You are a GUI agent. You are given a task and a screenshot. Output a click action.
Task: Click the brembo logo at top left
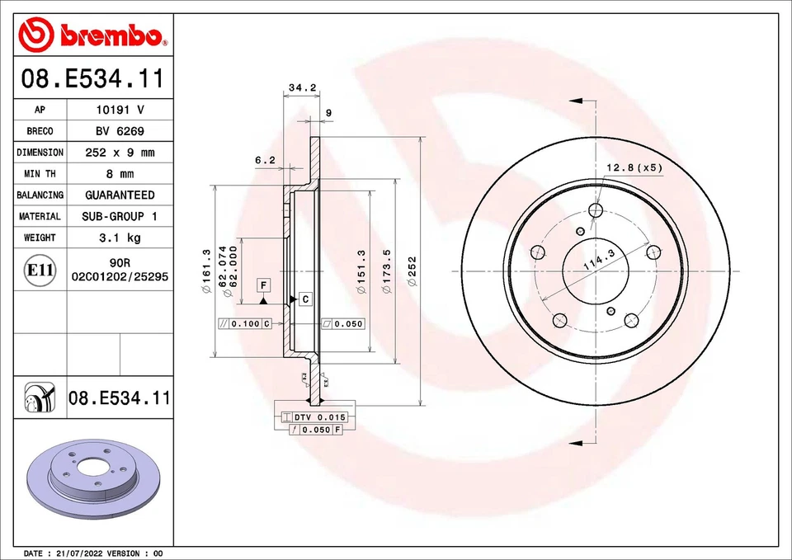tap(92, 35)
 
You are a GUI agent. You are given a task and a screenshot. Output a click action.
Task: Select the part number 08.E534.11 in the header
tap(92, 80)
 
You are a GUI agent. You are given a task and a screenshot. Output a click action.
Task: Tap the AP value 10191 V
tap(120, 110)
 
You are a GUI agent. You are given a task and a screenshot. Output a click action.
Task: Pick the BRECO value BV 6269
tap(120, 131)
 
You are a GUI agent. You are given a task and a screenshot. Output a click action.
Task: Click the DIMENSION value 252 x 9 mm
tap(120, 153)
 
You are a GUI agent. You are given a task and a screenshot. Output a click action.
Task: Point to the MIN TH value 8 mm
tap(120, 174)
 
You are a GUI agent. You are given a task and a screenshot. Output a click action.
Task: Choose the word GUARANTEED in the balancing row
tap(120, 195)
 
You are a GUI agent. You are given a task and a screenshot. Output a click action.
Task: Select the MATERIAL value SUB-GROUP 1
tap(120, 216)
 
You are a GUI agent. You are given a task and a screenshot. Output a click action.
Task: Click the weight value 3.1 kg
tap(120, 238)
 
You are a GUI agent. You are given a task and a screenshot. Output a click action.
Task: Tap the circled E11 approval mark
tap(40, 271)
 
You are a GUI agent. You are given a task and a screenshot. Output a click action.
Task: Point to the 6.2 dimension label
tap(265, 161)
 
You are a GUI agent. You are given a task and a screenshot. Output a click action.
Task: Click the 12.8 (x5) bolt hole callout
tap(634, 168)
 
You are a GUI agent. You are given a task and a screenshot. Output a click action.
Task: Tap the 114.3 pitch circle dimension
tap(599, 262)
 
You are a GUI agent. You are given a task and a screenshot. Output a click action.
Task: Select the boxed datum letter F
tap(263, 285)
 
